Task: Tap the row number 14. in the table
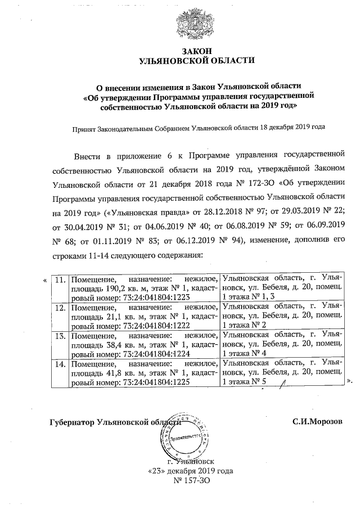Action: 60,365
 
